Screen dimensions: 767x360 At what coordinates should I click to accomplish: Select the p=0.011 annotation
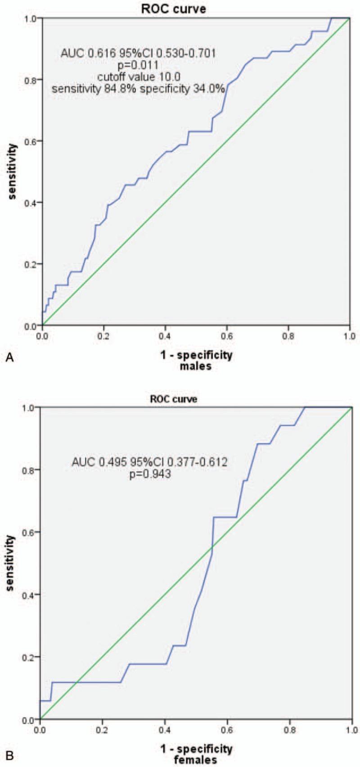(x=138, y=65)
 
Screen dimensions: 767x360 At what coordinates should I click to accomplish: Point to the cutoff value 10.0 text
(x=138, y=77)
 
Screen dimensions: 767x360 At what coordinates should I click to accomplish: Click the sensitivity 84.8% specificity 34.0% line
(x=138, y=89)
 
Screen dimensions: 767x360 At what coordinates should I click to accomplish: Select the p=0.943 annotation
(x=149, y=474)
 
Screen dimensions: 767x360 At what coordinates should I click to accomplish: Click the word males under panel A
(x=196, y=366)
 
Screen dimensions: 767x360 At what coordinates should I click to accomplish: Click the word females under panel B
(x=196, y=760)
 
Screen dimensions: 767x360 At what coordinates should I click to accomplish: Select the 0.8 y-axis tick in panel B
(x=30, y=469)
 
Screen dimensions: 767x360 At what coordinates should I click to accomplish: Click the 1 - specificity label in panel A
(x=196, y=355)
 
